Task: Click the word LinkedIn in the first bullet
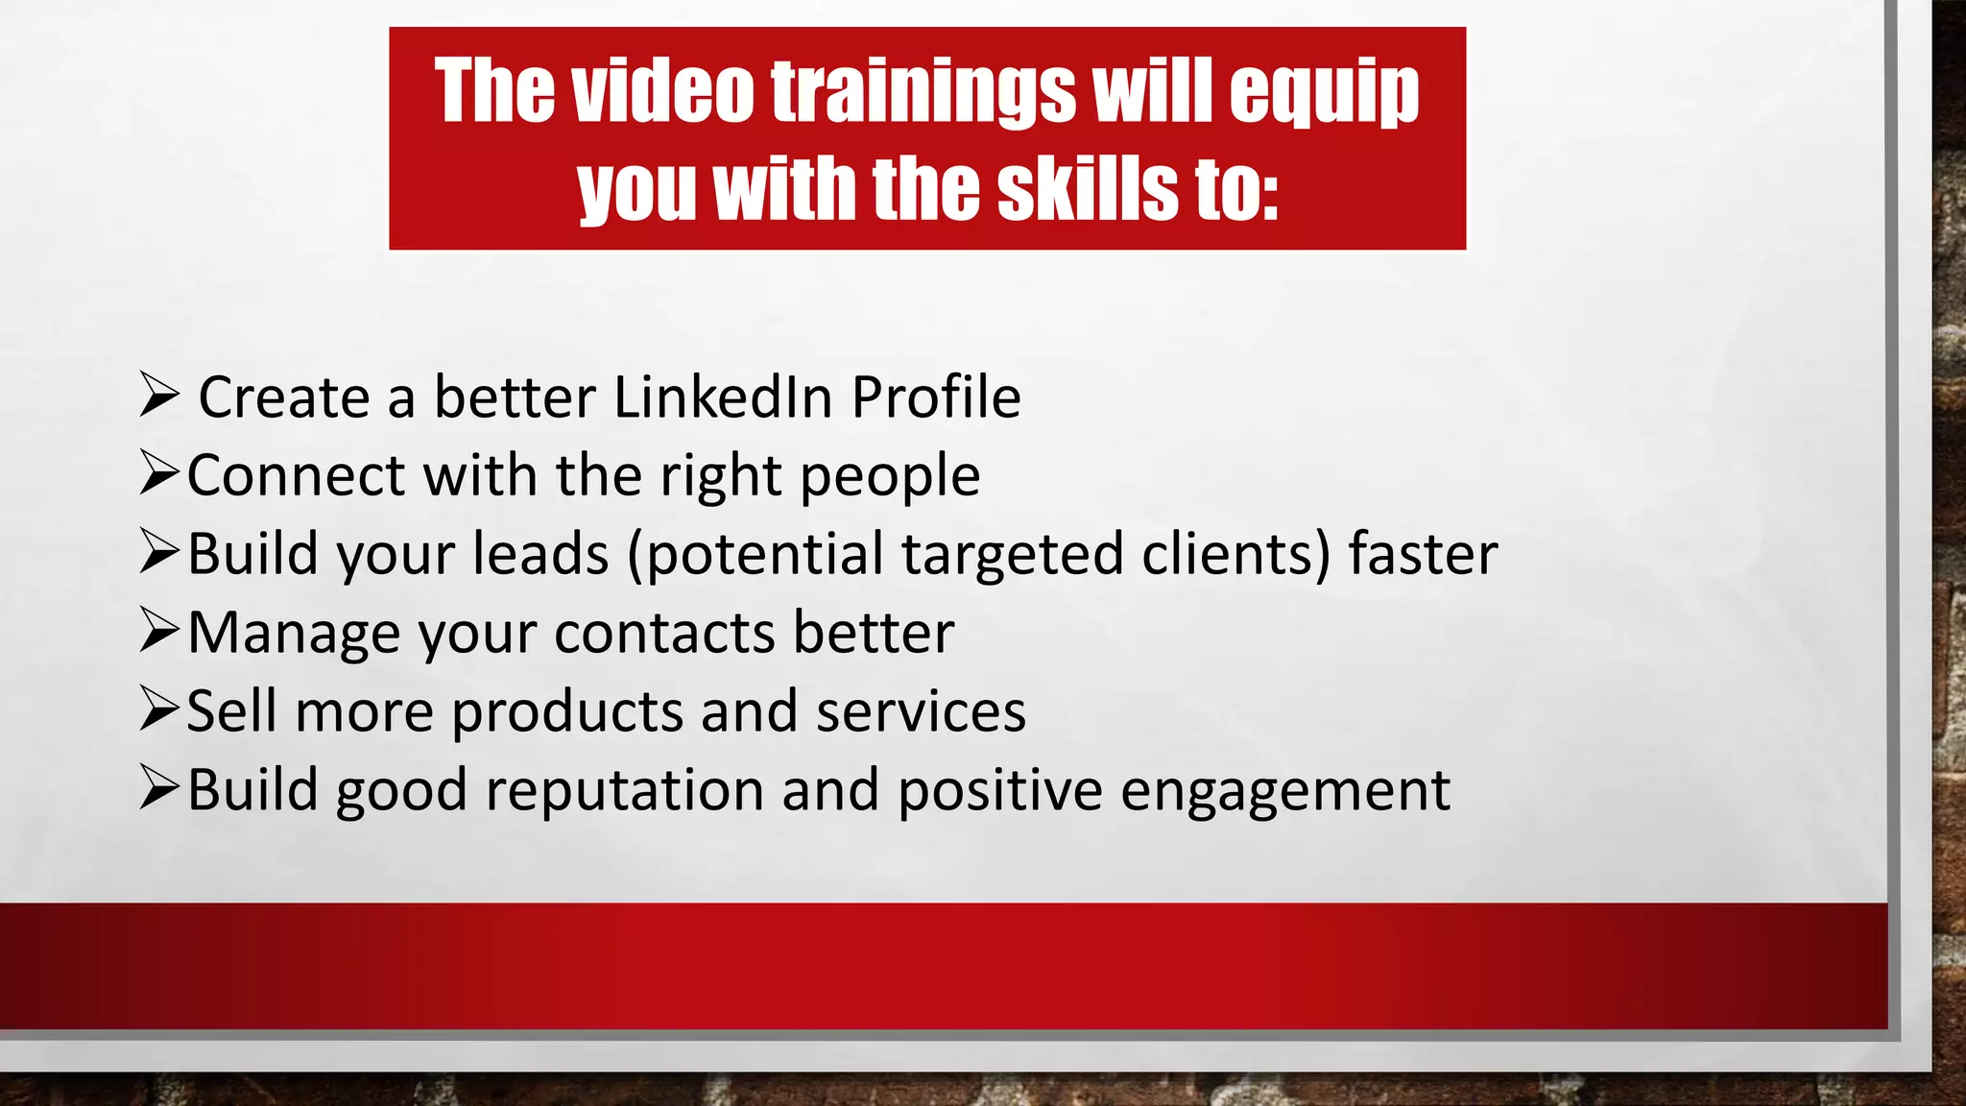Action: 722,397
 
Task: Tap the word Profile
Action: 936,397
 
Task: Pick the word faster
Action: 1423,555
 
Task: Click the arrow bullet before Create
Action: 158,395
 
